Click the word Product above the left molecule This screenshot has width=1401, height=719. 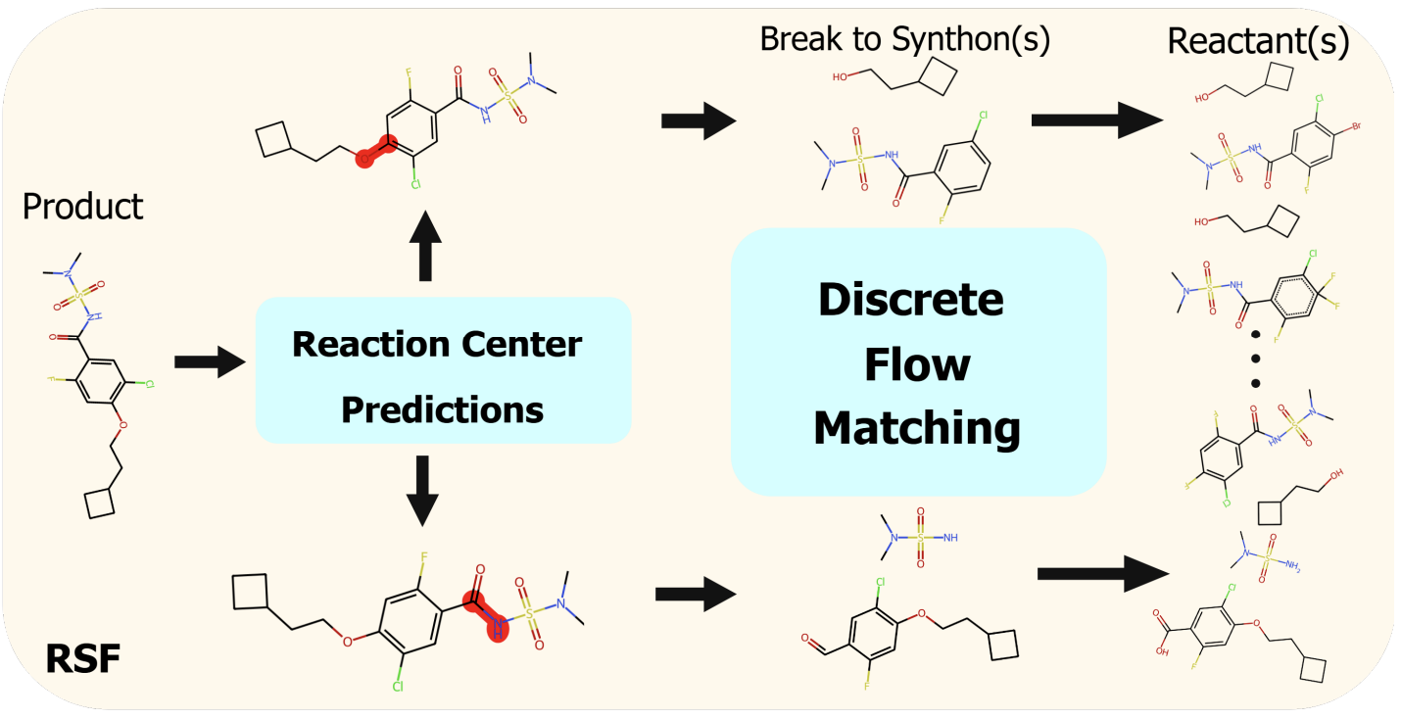82,207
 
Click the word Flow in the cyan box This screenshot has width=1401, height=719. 917,364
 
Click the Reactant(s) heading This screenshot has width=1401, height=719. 1258,41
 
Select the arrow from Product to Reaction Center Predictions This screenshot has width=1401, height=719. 209,363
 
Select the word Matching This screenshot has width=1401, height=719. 917,428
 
